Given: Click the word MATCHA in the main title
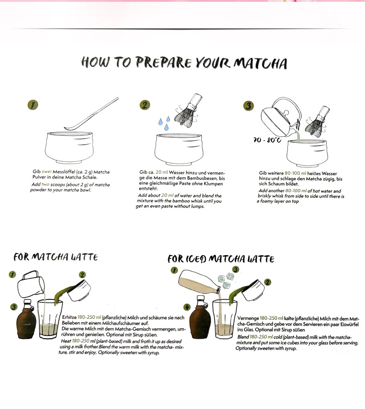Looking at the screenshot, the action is (260, 63).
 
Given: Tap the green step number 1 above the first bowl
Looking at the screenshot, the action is (33, 105).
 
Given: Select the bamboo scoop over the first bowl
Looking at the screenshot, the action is (91, 114).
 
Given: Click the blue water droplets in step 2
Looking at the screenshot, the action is (164, 123).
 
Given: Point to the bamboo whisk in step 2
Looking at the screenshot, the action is (188, 111).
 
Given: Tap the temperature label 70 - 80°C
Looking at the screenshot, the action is (267, 140).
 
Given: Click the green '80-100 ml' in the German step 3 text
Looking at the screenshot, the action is (295, 173).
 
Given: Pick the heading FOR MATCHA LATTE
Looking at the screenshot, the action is (55, 257).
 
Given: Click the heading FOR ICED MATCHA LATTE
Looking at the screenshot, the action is (221, 259).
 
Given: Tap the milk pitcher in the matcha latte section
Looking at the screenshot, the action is (31, 284).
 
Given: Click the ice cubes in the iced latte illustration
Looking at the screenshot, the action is (226, 280).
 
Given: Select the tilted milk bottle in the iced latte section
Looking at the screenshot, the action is (200, 282).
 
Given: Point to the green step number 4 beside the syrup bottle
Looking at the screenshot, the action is (187, 307).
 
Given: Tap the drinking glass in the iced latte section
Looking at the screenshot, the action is (225, 319).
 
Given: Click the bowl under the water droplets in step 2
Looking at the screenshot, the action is (179, 149).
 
